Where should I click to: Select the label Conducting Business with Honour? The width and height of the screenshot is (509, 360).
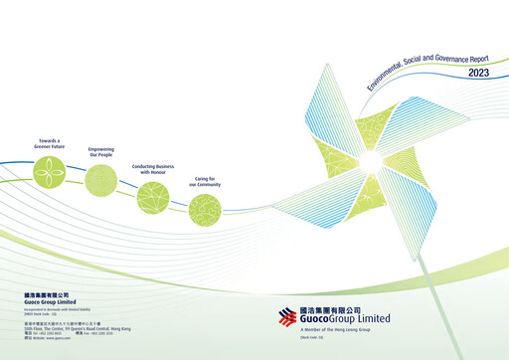[151, 169]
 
